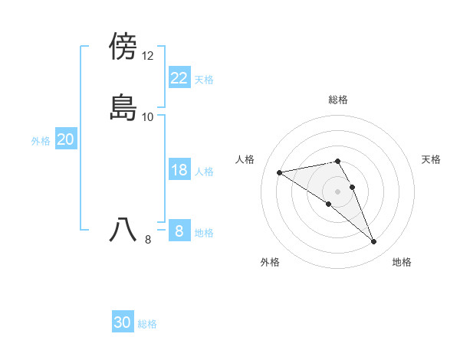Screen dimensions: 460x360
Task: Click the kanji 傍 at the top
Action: click(x=123, y=46)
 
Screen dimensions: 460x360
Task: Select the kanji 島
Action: click(x=123, y=107)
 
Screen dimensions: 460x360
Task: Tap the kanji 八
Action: click(x=123, y=230)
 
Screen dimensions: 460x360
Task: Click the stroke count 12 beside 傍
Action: click(x=148, y=56)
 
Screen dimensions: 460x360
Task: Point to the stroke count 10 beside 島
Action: click(x=148, y=117)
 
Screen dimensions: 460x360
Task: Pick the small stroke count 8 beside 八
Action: click(x=148, y=240)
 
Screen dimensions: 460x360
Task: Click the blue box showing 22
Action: click(x=179, y=78)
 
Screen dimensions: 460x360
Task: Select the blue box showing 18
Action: click(x=179, y=170)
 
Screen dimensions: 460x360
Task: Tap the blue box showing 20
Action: click(x=65, y=139)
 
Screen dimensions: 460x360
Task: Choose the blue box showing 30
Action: click(x=123, y=323)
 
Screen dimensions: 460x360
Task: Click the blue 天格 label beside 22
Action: click(x=204, y=80)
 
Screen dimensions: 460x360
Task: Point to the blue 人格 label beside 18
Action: click(x=204, y=172)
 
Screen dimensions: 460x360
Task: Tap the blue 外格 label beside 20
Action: click(x=41, y=141)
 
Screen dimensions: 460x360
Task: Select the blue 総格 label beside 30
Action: click(x=147, y=325)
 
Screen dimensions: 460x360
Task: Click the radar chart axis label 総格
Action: click(x=338, y=100)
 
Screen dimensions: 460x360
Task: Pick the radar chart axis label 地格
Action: click(x=402, y=263)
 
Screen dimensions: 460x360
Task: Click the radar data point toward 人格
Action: click(x=280, y=172)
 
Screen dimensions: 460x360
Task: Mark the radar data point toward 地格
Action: click(x=374, y=242)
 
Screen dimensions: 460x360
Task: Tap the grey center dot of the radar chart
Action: click(x=338, y=191)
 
